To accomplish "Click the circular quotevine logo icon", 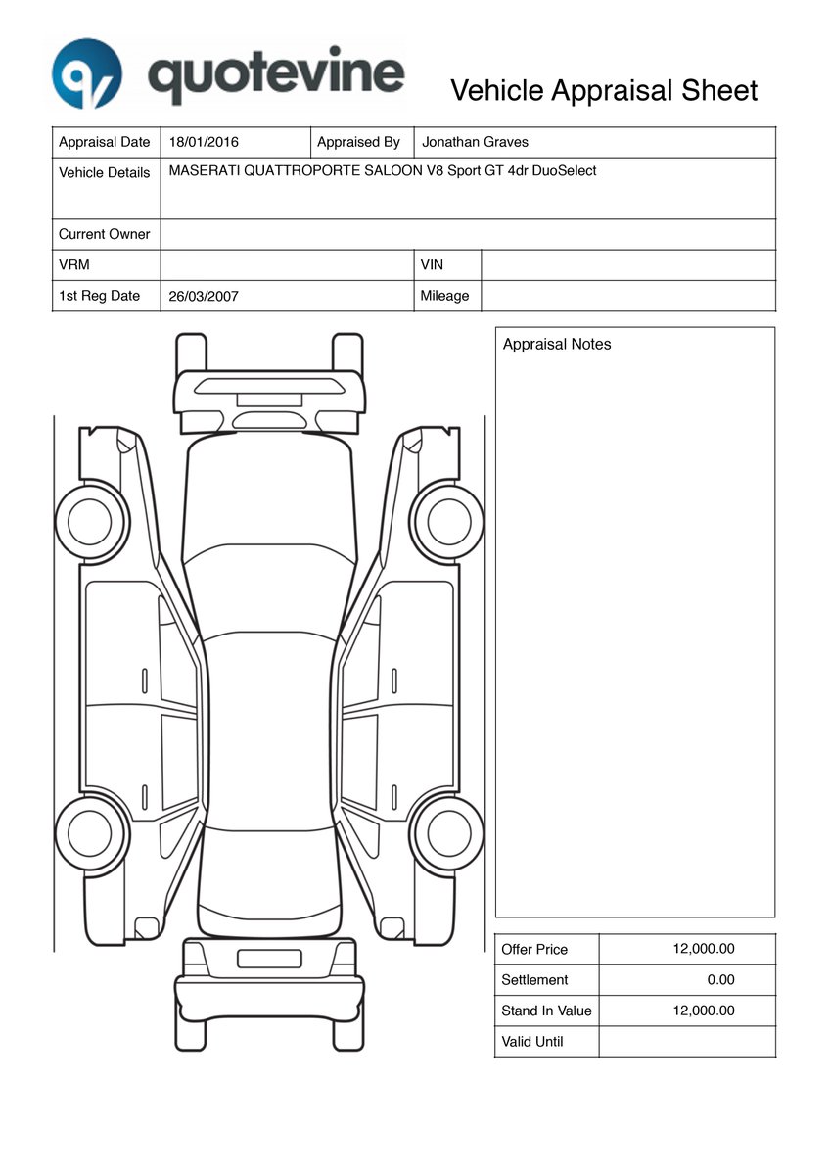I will pyautogui.click(x=87, y=73).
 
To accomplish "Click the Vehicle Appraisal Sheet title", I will pyautogui.click(x=604, y=91).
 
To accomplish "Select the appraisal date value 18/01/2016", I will pyautogui.click(x=204, y=142).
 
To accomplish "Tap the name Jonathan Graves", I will pyautogui.click(x=475, y=142).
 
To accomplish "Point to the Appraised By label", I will pyautogui.click(x=358, y=142).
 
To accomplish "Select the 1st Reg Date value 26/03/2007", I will pyautogui.click(x=204, y=296).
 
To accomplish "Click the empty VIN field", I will pyautogui.click(x=627, y=265).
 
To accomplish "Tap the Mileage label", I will pyautogui.click(x=444, y=296).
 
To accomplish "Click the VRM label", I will pyautogui.click(x=74, y=265).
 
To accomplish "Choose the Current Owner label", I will pyautogui.click(x=105, y=234).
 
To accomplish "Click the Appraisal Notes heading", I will pyautogui.click(x=557, y=345).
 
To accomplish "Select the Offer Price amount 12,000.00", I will pyautogui.click(x=704, y=949).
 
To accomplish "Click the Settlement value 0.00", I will pyautogui.click(x=720, y=979).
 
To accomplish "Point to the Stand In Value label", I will pyautogui.click(x=546, y=1010).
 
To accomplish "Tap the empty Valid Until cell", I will pyautogui.click(x=686, y=1042).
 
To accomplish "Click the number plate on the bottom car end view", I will pyautogui.click(x=269, y=959).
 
